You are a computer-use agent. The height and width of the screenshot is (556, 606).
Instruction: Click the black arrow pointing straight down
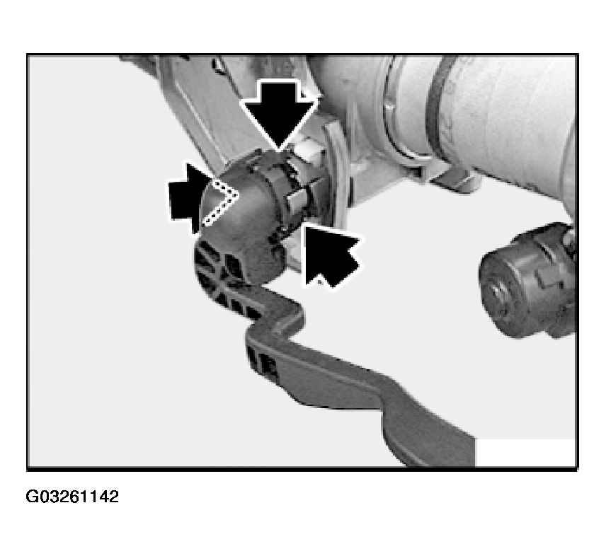(279, 112)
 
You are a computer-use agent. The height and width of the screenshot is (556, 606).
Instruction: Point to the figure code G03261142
(72, 497)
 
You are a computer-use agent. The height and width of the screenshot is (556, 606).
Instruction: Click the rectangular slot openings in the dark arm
(262, 361)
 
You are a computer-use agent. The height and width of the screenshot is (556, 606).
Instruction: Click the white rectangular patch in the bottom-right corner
(525, 452)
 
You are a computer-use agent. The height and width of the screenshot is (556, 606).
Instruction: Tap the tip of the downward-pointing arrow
(279, 150)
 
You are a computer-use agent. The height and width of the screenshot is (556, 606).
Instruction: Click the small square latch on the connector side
(296, 201)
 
